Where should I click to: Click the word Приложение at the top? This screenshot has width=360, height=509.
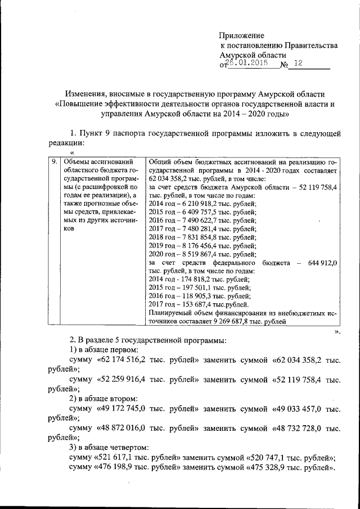[241, 35]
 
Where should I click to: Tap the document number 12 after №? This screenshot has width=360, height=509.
[297, 64]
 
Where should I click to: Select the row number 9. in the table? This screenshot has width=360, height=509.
[53, 161]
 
